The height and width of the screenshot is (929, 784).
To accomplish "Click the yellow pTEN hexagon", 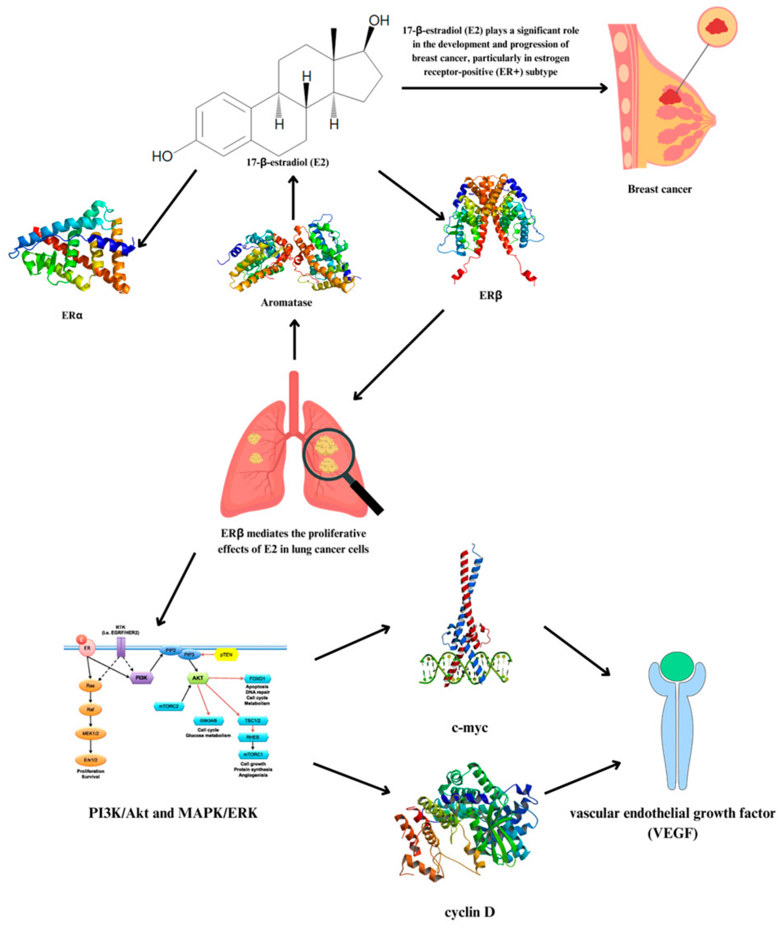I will pos(226,654).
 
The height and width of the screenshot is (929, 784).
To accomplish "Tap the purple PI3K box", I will pos(142,678).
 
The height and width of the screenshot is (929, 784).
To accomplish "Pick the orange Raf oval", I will pos(91,710).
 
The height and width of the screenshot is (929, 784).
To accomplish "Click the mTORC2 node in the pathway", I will pos(169,706).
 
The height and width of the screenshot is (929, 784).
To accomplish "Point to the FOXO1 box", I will pos(257,679).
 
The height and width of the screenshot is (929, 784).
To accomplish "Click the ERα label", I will pos(72,315).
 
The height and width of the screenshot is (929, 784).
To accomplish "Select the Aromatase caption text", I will pos(286,303).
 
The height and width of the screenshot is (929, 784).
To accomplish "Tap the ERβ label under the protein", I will pos(490,295).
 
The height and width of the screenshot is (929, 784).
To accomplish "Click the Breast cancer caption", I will pos(659,189).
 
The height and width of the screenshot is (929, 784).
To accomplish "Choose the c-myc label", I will pos(469,728).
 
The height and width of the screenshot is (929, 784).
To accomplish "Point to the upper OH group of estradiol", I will pos(379,20).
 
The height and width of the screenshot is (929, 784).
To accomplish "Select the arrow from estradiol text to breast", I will pos(504,88).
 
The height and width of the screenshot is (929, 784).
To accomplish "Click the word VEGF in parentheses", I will pos(672,833).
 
